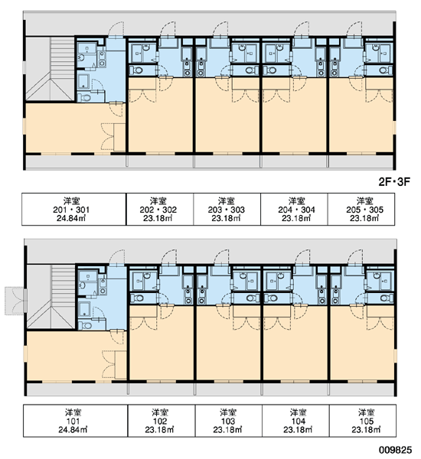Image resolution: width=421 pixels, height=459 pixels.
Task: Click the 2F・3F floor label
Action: pos(394,182)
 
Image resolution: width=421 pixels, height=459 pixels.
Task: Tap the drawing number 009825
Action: pos(395,450)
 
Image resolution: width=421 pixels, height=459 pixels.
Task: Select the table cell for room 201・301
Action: pos(73,209)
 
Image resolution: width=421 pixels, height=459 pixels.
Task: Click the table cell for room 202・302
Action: pos(160,209)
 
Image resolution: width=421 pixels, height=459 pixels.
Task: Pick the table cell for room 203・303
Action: pos(227,209)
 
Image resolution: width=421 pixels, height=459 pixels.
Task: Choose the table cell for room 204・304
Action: pos(294,209)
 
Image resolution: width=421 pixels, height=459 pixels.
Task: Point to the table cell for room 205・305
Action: pos(361,209)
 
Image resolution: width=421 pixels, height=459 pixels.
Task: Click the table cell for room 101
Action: pos(75,421)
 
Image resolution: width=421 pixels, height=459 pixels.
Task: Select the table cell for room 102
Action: pos(162,421)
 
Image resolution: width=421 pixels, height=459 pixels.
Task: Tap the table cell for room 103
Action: pos(229,421)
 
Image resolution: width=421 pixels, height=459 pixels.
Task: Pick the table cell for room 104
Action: pos(295,421)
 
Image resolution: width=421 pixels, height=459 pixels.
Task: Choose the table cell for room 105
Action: pos(363,421)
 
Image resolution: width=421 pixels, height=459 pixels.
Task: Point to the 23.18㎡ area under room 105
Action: pos(366,429)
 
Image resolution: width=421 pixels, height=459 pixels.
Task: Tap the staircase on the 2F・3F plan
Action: pos(50,69)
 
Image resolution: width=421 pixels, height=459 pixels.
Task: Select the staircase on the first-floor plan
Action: pos(51,297)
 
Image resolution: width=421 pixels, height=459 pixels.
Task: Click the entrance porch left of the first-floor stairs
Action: pos(15,301)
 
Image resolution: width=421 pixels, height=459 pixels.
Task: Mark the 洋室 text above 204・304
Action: pos(297,201)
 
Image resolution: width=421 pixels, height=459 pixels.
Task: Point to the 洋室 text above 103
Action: pos(228,412)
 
